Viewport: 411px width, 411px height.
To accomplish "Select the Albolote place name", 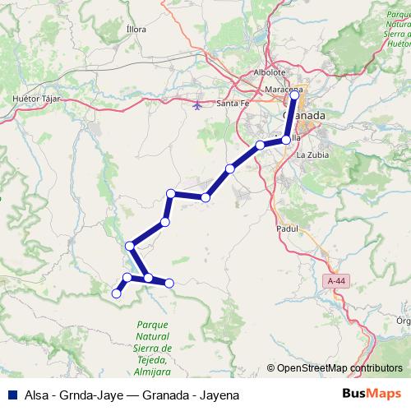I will (x=269, y=72).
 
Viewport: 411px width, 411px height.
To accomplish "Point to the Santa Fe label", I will (x=233, y=104).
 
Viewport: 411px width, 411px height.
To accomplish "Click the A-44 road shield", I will (x=335, y=280).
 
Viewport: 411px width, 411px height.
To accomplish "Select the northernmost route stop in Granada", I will (x=295, y=95).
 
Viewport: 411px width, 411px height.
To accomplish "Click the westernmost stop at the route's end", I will (x=117, y=292).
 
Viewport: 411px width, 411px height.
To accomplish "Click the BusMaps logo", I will (x=371, y=394).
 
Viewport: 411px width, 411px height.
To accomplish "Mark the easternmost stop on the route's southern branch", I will (x=169, y=283).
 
